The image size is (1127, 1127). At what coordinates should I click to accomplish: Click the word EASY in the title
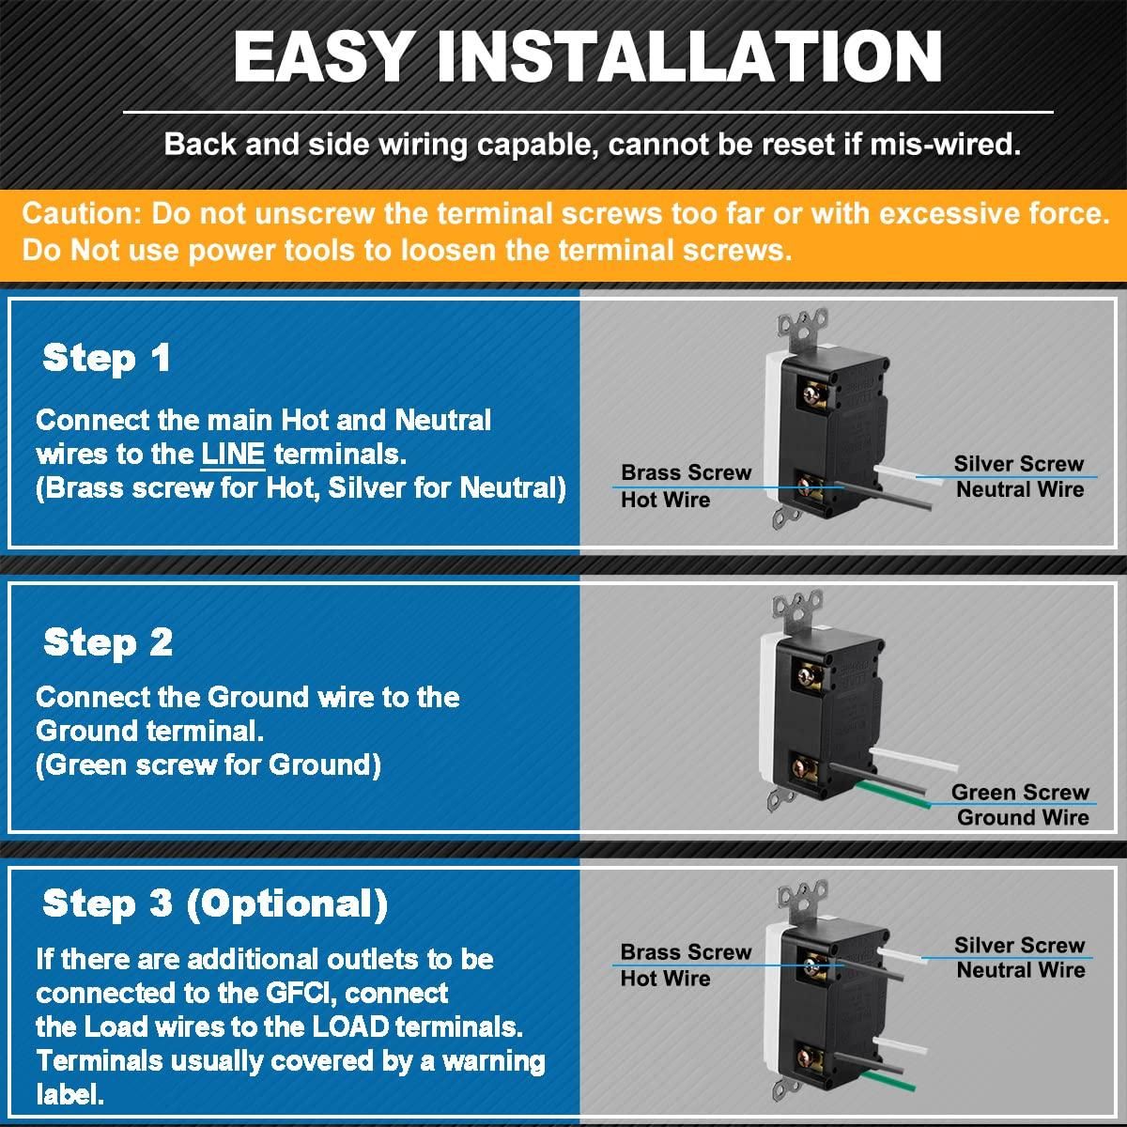click(x=320, y=56)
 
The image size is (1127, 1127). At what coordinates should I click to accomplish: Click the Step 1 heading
click(x=106, y=358)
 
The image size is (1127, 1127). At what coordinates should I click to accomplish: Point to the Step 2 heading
click(x=108, y=642)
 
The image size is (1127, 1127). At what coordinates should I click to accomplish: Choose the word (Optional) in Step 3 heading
click(x=287, y=903)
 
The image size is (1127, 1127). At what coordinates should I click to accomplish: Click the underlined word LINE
click(x=233, y=455)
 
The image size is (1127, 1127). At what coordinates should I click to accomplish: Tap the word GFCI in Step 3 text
click(x=301, y=993)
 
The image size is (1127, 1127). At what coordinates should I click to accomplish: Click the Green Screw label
click(x=1020, y=792)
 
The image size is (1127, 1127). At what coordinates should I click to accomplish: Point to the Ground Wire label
click(x=1023, y=817)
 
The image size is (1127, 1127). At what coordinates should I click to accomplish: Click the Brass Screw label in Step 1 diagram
click(x=686, y=472)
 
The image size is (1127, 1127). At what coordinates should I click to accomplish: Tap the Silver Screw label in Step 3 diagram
click(x=1019, y=945)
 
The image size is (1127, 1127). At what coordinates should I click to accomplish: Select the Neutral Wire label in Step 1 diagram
click(x=1020, y=489)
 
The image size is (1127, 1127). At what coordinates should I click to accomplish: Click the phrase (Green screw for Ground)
click(x=208, y=765)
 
